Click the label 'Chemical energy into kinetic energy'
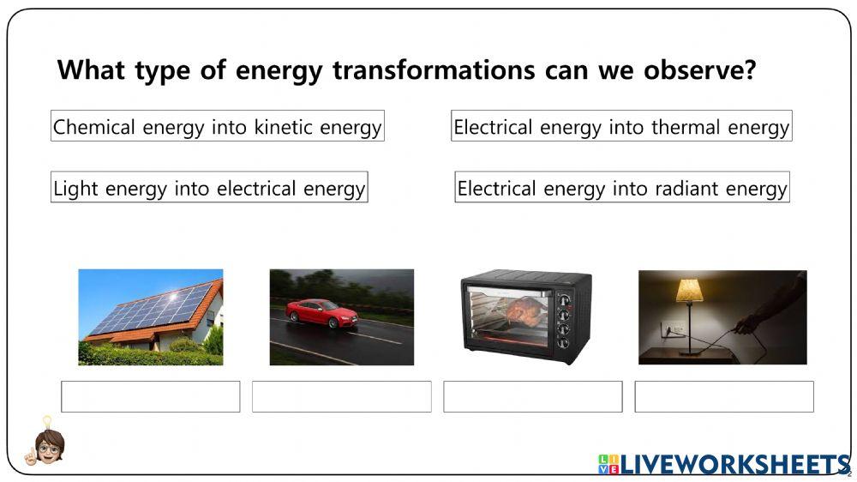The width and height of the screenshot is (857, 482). coord(217,127)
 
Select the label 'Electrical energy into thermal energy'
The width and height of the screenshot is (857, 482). coord(621,127)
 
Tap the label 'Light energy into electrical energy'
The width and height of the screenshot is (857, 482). coord(209,188)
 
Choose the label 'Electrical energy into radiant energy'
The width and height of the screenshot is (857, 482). coord(621,188)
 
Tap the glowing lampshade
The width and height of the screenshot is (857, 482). coord(689,292)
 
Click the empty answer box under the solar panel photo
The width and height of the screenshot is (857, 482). coord(150,396)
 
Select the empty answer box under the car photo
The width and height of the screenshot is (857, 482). coord(341,396)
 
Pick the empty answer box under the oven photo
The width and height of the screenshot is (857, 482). coord(532,396)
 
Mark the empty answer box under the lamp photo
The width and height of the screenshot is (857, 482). coord(723,396)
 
